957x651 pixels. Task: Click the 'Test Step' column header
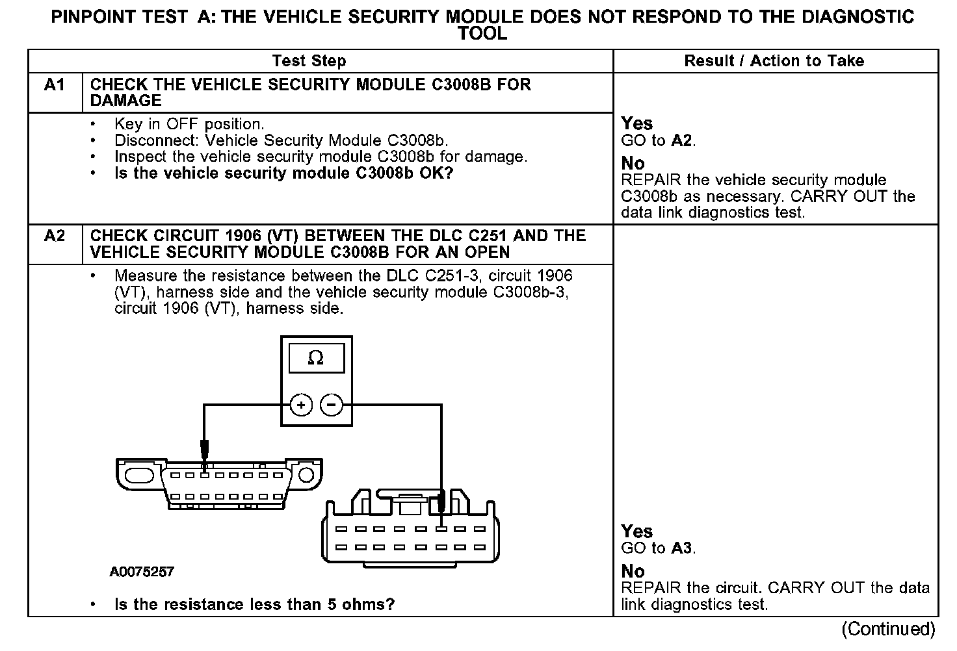(x=309, y=61)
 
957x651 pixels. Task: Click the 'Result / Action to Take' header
(x=774, y=61)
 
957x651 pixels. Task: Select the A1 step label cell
(x=55, y=85)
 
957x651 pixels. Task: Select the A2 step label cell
(x=55, y=236)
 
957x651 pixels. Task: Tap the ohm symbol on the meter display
(x=315, y=358)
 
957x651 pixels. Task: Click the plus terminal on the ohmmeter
(x=300, y=405)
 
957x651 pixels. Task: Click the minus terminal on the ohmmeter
(x=331, y=405)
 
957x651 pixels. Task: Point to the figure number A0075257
(x=142, y=572)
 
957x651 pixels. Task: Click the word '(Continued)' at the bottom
(x=888, y=629)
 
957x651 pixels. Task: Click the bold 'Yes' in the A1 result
(x=636, y=123)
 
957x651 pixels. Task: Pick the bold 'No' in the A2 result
(x=633, y=571)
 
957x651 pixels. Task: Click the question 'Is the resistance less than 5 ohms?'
(x=254, y=604)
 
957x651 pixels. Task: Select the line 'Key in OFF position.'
(x=189, y=124)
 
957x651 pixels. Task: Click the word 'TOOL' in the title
(x=482, y=33)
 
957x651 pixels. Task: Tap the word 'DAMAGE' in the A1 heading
(x=125, y=101)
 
